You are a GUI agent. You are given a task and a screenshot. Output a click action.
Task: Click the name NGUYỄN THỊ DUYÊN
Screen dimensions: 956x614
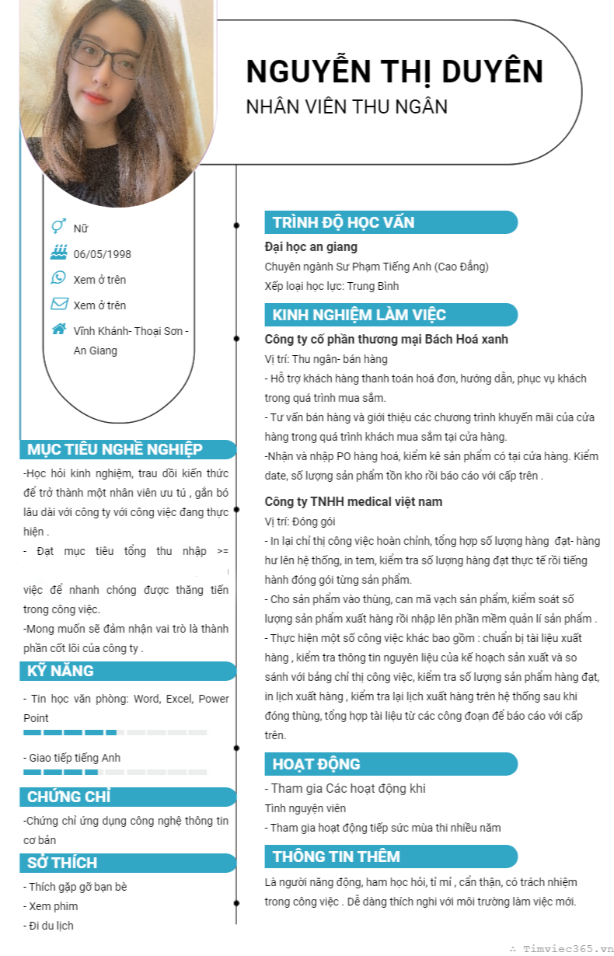pos(394,72)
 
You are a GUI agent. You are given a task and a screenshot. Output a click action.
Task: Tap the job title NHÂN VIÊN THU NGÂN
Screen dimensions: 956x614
pos(347,106)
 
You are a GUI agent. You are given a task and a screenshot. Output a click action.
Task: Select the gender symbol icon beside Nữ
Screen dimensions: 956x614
pos(58,227)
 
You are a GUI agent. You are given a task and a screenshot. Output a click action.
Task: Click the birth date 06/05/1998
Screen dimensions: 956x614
pos(102,254)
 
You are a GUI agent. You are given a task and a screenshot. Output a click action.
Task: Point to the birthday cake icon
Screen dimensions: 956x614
pos(58,253)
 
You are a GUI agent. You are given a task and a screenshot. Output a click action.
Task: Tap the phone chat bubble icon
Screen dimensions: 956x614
pos(58,278)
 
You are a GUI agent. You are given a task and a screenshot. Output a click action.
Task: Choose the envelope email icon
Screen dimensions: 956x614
pos(58,304)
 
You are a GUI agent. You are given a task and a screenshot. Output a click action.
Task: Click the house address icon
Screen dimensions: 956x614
pos(58,329)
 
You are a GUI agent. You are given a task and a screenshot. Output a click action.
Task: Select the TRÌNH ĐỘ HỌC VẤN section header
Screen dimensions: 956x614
pos(344,222)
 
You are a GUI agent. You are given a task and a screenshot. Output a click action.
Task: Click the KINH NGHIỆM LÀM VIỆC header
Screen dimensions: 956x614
pos(359,315)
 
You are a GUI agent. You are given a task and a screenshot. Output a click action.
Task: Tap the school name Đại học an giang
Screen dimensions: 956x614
pos(311,247)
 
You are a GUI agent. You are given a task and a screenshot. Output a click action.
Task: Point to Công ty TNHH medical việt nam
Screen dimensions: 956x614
pos(354,501)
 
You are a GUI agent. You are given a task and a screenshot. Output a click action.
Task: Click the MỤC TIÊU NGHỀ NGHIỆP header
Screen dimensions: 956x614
pos(115,449)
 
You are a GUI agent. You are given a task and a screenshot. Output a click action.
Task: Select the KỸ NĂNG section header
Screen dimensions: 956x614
pos(61,671)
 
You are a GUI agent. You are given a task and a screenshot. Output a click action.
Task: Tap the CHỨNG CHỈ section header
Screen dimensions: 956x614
pos(69,797)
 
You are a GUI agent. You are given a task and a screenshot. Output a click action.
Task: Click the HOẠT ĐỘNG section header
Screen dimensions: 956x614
pos(316,764)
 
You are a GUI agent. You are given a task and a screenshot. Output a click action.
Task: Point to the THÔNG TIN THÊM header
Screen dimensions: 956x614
pos(337,857)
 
